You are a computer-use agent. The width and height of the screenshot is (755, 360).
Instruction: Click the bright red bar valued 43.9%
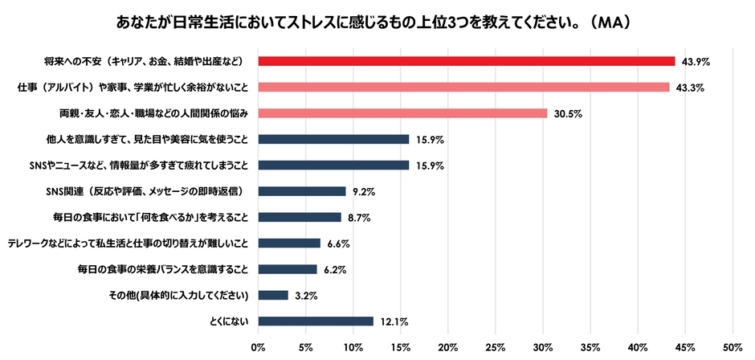[466, 61]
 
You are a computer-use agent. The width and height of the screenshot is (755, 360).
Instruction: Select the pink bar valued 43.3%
[463, 87]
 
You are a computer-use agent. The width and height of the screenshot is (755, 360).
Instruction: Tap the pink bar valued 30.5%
[402, 113]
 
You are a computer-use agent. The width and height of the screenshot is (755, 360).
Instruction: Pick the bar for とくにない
[316, 321]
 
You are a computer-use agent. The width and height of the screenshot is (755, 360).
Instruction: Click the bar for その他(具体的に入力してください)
[273, 295]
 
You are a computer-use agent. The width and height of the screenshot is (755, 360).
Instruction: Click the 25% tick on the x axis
[496, 347]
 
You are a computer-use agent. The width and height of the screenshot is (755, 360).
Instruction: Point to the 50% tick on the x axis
[733, 347]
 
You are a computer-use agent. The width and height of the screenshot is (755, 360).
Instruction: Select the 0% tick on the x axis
[259, 347]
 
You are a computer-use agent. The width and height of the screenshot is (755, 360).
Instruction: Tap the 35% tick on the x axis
[590, 347]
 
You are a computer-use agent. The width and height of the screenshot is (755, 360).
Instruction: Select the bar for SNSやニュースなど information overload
[333, 166]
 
